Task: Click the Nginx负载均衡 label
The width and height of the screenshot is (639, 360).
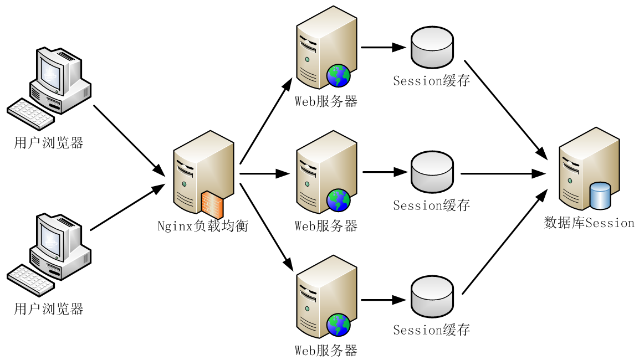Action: [x=202, y=227]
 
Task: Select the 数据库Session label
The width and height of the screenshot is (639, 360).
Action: [x=589, y=223]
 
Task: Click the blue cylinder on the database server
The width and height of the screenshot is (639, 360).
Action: [x=600, y=196]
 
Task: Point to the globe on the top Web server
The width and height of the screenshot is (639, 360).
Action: [x=338, y=76]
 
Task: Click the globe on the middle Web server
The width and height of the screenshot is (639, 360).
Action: [x=338, y=200]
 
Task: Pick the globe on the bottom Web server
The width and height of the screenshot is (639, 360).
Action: [x=338, y=325]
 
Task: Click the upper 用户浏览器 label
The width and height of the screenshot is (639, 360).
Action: [x=49, y=143]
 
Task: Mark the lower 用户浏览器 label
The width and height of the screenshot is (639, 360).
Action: [x=49, y=309]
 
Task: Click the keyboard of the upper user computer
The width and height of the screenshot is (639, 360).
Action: [x=30, y=114]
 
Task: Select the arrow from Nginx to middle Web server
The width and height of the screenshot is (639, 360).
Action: [x=264, y=173]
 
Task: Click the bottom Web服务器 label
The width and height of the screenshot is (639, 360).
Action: [x=326, y=351]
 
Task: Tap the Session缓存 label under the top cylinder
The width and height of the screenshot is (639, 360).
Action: [x=432, y=81]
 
